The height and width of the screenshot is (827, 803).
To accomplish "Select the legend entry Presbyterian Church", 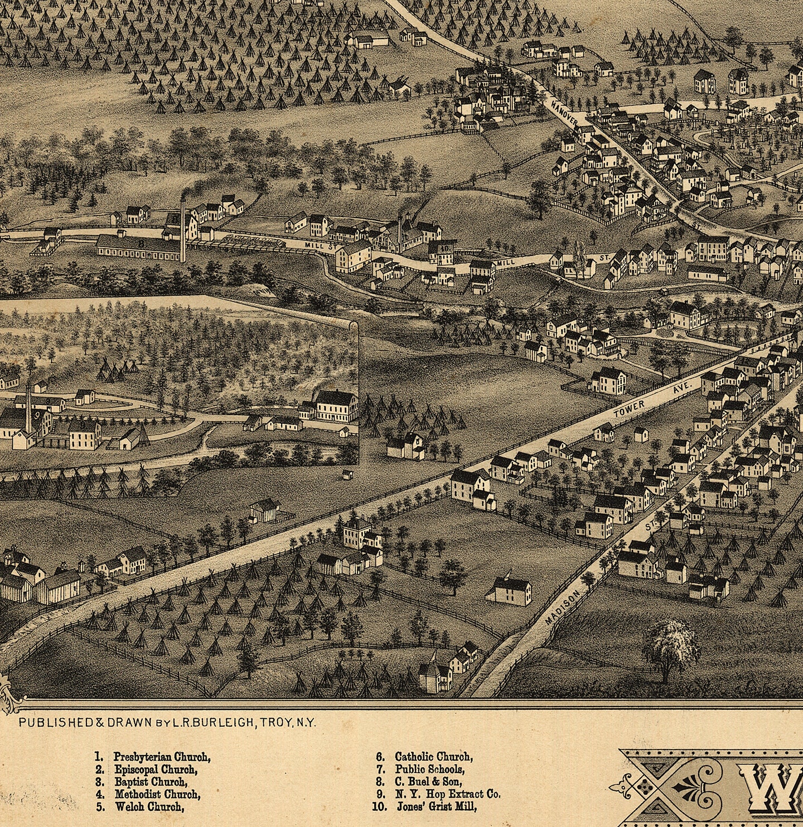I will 162,757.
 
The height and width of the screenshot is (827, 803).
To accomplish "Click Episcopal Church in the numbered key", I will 156,770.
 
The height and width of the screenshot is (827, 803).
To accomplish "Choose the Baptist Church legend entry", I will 151,782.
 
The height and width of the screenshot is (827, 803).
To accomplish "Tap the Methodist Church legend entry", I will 157,794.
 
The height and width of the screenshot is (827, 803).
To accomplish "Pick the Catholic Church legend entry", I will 433,757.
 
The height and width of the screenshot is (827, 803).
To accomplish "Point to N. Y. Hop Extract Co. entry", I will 447,794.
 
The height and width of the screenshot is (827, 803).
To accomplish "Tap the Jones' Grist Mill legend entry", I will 437,806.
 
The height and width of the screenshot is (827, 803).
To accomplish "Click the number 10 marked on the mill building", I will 444,249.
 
